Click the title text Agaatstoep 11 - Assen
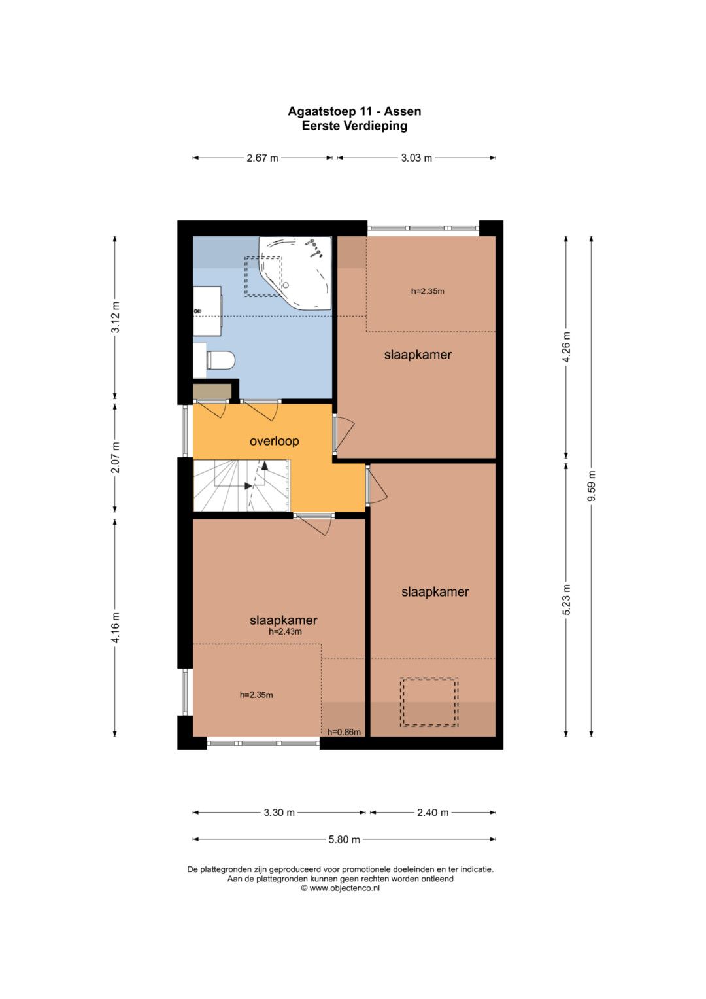354,111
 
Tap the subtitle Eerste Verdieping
354,126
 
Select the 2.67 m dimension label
262,158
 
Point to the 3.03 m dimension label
416,158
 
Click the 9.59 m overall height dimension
592,485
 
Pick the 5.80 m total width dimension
344,839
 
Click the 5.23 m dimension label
566,600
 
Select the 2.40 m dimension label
432,812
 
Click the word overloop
274,441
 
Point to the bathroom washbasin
207,311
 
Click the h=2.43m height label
285,631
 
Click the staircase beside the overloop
241,485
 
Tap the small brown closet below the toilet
212,391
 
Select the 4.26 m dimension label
566,347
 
